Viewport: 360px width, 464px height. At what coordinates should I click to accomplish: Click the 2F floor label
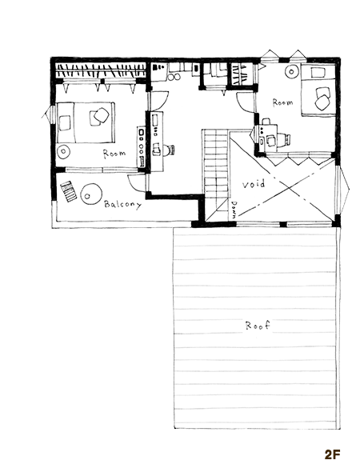pyautogui.click(x=333, y=454)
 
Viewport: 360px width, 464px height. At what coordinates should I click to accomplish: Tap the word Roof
pyautogui.click(x=258, y=326)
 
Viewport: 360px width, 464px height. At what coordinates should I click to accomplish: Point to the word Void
pyautogui.click(x=254, y=184)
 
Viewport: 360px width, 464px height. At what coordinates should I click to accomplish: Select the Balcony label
pyautogui.click(x=122, y=204)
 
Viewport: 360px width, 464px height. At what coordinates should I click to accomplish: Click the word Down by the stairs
pyautogui.click(x=234, y=210)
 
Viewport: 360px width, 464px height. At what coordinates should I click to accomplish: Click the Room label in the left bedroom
pyautogui.click(x=114, y=154)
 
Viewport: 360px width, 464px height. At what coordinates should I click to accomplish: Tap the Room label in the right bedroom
pyautogui.click(x=282, y=102)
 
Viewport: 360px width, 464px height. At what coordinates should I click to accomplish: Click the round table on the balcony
pyautogui.click(x=91, y=194)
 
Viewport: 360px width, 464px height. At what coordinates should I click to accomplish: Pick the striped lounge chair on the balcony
pyautogui.click(x=69, y=191)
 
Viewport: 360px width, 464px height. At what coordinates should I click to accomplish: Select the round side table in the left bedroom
pyautogui.click(x=63, y=151)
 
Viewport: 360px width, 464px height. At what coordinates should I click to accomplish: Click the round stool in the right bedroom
pyautogui.click(x=292, y=71)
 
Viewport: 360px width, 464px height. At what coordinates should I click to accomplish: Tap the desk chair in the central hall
pyautogui.click(x=170, y=150)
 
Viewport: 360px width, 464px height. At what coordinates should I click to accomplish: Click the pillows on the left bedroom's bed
pyautogui.click(x=98, y=116)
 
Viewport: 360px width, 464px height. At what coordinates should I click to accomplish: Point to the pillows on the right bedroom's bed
pyautogui.click(x=322, y=98)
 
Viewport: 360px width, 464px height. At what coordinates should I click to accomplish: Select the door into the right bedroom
pyautogui.click(x=245, y=102)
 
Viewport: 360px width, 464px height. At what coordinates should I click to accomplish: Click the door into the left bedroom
pyautogui.click(x=160, y=102)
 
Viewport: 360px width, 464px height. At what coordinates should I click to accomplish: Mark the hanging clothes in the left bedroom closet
pyautogui.click(x=101, y=71)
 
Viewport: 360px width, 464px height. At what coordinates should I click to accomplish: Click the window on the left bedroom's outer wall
pyautogui.click(x=50, y=114)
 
